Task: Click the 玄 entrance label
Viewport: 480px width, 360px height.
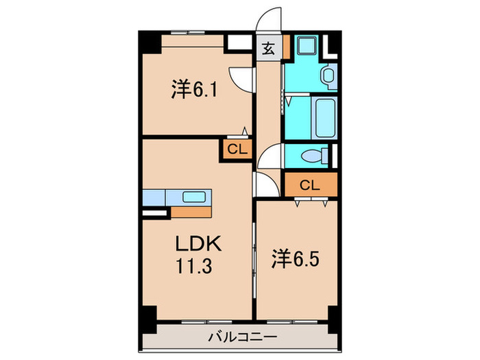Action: pos(268,49)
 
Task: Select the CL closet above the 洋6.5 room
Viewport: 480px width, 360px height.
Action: pos(310,184)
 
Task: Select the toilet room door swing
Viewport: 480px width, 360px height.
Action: pos(270,157)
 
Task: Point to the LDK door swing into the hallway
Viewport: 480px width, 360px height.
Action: pos(265,184)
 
